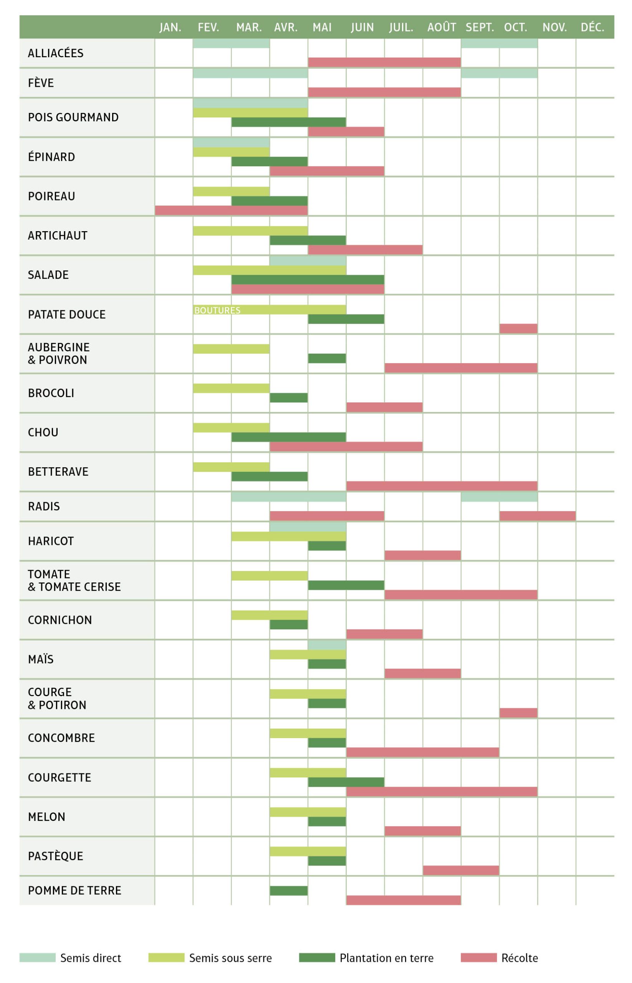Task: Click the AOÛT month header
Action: (441, 28)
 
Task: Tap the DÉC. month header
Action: (592, 28)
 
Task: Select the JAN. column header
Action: (170, 28)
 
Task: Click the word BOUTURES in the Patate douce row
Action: (217, 310)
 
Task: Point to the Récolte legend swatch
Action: (478, 957)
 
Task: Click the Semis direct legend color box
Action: (37, 957)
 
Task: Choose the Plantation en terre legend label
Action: (386, 958)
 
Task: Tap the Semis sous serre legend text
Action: (230, 958)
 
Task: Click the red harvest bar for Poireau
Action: (231, 210)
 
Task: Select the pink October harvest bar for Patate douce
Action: (518, 328)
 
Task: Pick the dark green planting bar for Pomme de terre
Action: (288, 890)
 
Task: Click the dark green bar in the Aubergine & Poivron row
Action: (327, 358)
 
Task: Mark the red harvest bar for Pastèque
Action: (460, 870)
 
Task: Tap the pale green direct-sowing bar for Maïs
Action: (327, 645)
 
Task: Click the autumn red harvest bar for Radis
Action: (537, 516)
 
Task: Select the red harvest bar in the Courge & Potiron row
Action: (518, 713)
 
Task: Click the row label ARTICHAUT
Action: (58, 236)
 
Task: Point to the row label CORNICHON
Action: (60, 620)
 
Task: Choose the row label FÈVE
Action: (41, 83)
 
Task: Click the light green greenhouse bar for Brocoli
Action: (231, 388)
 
